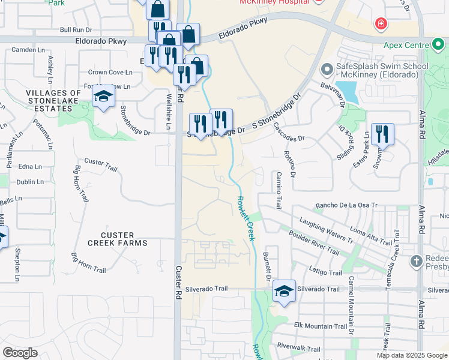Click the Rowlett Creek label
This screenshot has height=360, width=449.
[246, 218]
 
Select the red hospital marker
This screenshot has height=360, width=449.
[380, 25]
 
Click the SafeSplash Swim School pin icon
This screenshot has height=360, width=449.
[327, 70]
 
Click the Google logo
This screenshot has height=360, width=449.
[20, 353]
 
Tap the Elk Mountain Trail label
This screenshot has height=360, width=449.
[321, 326]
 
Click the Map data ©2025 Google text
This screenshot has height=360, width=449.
[411, 355]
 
